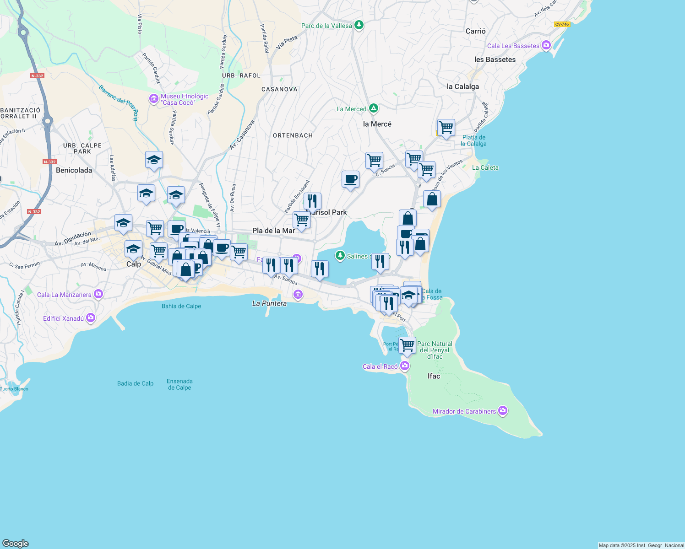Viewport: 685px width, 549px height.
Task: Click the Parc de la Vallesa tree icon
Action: coord(359,25)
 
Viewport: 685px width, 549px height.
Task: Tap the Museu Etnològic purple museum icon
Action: coord(154,98)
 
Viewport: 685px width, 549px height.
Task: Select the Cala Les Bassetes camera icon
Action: coord(546,45)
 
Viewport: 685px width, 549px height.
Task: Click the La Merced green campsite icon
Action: coord(374,108)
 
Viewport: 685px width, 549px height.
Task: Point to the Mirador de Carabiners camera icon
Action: coord(503,411)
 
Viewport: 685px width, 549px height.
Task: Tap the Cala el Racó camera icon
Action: coord(404,366)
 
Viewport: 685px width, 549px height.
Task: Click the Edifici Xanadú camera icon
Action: coord(90,318)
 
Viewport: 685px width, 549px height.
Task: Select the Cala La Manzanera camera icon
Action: coord(98,294)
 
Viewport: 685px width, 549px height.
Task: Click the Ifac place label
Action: coord(434,376)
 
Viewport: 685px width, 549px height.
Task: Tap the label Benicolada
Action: coord(74,170)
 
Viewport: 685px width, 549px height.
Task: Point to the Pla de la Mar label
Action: coord(273,231)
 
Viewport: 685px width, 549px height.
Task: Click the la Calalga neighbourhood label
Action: coord(462,86)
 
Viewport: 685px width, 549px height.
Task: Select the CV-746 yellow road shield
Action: coord(562,24)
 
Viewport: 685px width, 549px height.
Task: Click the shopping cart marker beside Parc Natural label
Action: coord(407,345)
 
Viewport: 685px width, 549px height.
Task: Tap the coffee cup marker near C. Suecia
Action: coord(350,179)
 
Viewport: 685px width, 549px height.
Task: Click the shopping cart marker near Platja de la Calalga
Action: coord(446,128)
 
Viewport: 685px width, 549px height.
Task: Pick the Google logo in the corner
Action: coord(16,543)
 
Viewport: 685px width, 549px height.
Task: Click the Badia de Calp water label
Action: coord(135,383)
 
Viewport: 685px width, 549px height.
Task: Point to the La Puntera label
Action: coord(269,303)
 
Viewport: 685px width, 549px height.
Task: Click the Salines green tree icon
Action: coord(340,256)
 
